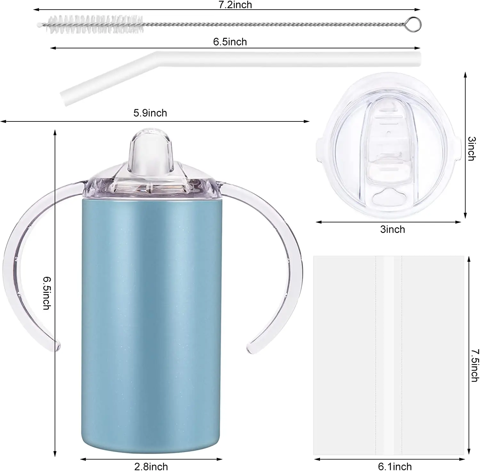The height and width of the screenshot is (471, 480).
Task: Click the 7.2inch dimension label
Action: click(x=235, y=4)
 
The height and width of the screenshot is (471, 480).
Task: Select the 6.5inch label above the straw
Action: click(x=230, y=42)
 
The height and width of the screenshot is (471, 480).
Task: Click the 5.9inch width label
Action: click(x=150, y=113)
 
